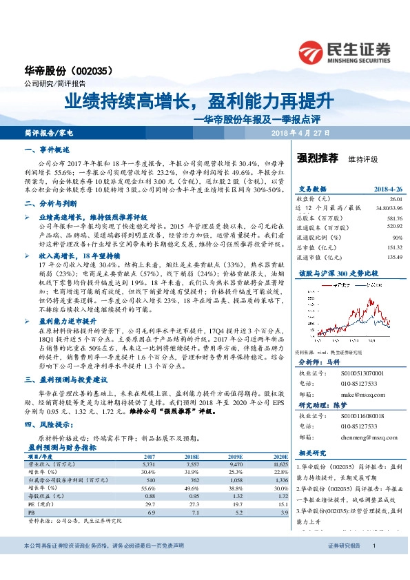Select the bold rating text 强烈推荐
coord(317,158)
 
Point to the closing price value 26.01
coord(395,198)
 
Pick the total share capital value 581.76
coord(393,218)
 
